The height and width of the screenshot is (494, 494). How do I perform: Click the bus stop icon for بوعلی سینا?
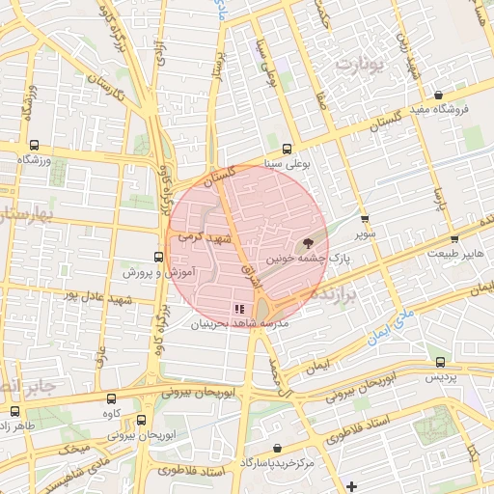point(288,149)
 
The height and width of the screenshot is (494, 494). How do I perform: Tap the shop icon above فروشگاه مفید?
point(439,96)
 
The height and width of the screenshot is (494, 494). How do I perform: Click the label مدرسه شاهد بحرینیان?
point(241,325)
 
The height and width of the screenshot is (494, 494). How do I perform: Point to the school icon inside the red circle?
point(237,309)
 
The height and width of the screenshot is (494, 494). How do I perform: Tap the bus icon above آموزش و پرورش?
point(158,258)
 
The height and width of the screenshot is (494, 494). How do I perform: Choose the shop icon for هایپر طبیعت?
point(454,238)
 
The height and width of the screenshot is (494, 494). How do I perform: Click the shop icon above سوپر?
point(364,219)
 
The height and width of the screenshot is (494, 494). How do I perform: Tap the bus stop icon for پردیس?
point(440,363)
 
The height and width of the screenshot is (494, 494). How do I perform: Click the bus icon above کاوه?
point(111,398)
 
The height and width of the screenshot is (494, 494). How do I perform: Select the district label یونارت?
point(358,65)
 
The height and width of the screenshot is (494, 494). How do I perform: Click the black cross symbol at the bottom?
point(352,485)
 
